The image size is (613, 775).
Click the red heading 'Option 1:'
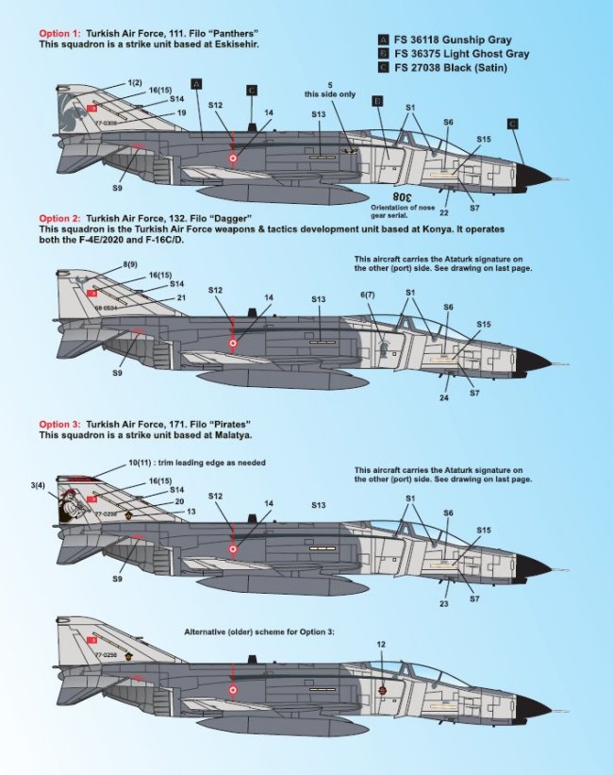coord(58,33)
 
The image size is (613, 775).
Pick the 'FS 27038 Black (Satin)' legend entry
coord(446,68)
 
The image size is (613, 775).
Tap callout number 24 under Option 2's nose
coord(444,396)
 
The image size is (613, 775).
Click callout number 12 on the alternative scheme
coord(381,645)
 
